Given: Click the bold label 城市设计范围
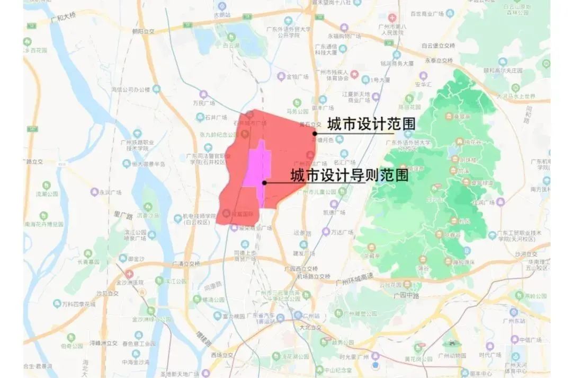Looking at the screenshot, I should (371, 124).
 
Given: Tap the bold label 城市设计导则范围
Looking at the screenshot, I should (350, 175).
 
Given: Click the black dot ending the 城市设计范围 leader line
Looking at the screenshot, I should (315, 133).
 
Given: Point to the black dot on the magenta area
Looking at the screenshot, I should (264, 183).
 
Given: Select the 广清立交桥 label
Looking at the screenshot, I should (187, 263).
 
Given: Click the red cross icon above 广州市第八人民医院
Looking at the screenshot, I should (392, 17).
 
